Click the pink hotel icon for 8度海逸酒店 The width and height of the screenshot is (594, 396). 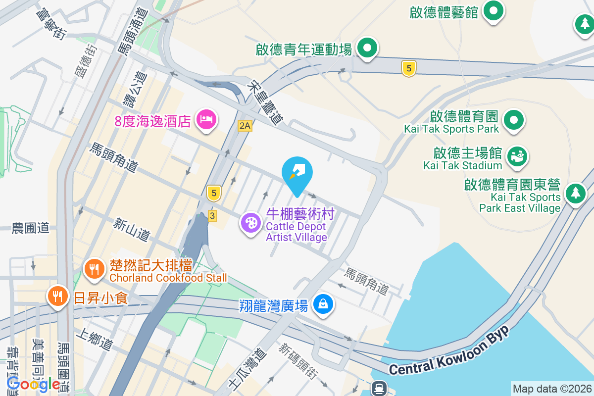point(205,119)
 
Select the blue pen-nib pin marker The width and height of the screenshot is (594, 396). point(297,172)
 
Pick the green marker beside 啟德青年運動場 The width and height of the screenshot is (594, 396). point(367,49)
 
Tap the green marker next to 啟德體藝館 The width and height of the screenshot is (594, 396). point(493,11)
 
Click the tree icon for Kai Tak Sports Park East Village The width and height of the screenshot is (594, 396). point(575,193)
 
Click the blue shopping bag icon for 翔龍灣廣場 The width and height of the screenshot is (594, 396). point(323,303)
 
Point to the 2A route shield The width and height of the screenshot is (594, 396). point(245,126)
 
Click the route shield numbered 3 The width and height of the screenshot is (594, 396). point(212,216)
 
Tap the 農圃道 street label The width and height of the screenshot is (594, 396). point(31,228)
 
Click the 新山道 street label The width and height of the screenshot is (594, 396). point(132,230)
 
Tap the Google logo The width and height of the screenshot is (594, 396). point(33,384)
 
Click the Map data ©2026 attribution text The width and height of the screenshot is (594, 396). point(552,389)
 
